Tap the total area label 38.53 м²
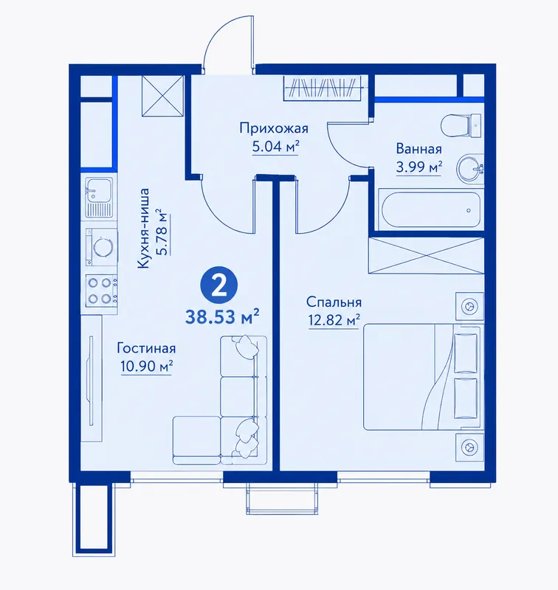point(222,316)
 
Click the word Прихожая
point(274,128)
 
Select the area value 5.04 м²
point(275,146)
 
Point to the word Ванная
point(418,149)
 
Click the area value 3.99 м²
point(418,166)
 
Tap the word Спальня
point(334,302)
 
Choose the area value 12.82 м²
point(334,320)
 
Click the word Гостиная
point(146,348)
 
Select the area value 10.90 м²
point(146,365)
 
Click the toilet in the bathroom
point(461,125)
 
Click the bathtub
point(431,210)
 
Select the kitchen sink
point(99,197)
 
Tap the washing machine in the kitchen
point(101,247)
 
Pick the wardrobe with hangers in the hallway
point(323,88)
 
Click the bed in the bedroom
point(422,377)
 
